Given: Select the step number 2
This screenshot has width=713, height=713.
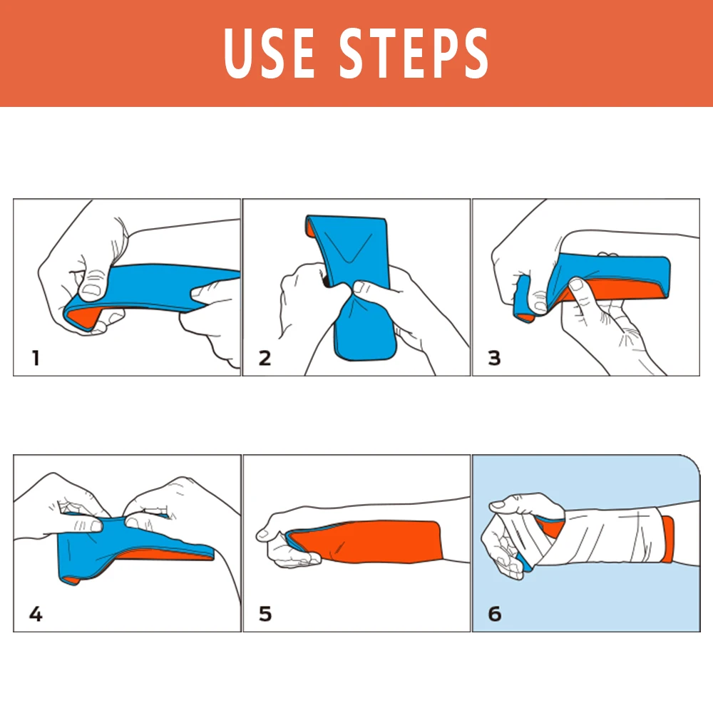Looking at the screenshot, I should (x=265, y=357).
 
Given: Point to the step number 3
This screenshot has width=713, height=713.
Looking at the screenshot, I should (x=494, y=357).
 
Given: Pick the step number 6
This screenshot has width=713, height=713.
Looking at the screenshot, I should (x=494, y=613).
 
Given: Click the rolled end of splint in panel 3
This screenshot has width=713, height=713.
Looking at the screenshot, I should (x=523, y=296).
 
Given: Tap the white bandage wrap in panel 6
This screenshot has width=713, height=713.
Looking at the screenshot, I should (x=613, y=535).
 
